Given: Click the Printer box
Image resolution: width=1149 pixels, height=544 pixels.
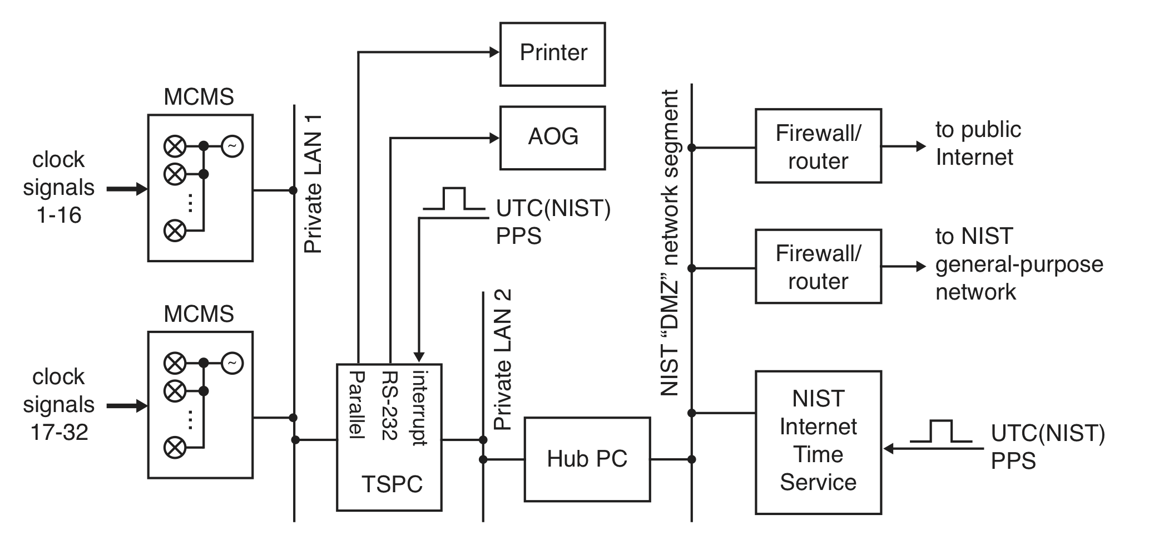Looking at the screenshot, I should [x=552, y=54].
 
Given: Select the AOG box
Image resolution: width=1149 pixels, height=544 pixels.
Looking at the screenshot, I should [x=552, y=138].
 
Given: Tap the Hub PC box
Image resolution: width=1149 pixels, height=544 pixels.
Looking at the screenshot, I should [x=587, y=459].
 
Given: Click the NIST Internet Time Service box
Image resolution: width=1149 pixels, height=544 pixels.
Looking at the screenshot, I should [x=818, y=442].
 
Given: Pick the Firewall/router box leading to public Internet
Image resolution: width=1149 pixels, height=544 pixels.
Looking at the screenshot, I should [x=818, y=146].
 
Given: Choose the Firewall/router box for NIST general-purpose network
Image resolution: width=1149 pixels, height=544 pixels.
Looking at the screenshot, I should [x=818, y=266].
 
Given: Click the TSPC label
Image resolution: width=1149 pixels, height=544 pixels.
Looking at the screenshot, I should [x=392, y=484].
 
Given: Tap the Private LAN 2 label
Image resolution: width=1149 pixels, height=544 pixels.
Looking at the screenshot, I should [x=502, y=360].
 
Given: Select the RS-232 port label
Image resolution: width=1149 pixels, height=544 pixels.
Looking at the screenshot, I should [x=390, y=405].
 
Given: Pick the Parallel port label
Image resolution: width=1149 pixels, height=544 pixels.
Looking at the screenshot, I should [x=356, y=405].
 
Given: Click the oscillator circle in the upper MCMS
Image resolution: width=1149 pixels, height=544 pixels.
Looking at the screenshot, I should [x=232, y=146].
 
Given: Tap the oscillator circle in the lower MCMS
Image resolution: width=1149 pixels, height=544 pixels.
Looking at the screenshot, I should [x=232, y=364].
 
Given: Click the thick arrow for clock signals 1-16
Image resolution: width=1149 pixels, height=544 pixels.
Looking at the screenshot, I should [x=127, y=189].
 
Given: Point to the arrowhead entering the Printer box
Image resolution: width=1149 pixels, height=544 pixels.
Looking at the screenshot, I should [x=494, y=52].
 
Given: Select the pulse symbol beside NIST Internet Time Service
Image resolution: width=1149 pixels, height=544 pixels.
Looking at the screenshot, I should [x=940, y=432].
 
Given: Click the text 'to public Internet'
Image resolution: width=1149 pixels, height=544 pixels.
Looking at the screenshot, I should [x=978, y=143].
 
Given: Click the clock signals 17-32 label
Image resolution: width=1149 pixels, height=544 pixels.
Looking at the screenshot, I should [x=58, y=404].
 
